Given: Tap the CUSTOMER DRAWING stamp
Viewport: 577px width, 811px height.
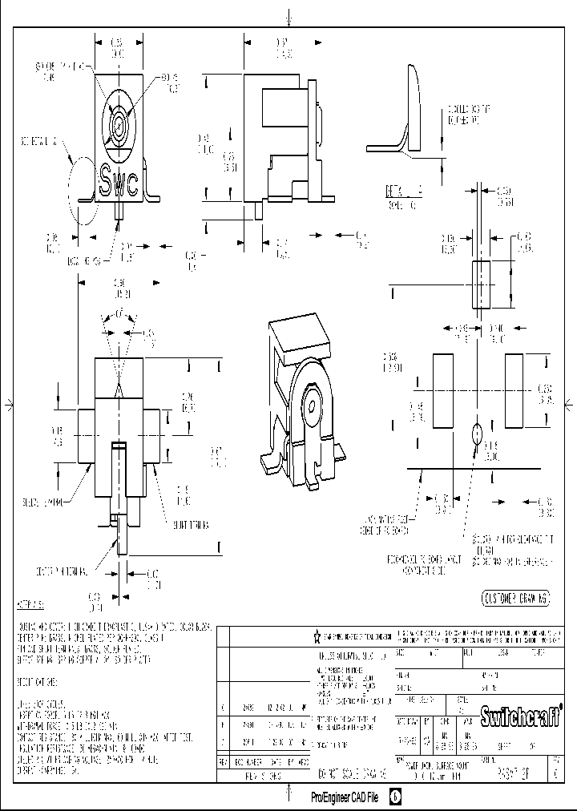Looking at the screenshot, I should click(515, 599).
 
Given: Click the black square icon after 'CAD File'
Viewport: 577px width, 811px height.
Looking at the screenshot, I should click(395, 798).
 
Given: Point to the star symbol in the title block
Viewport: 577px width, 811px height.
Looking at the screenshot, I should click(317, 635).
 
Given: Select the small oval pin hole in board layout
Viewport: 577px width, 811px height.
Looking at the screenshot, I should click(476, 434).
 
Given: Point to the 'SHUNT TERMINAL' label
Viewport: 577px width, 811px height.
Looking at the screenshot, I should click(188, 525).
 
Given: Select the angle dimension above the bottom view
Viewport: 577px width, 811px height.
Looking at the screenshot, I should click(119, 313).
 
